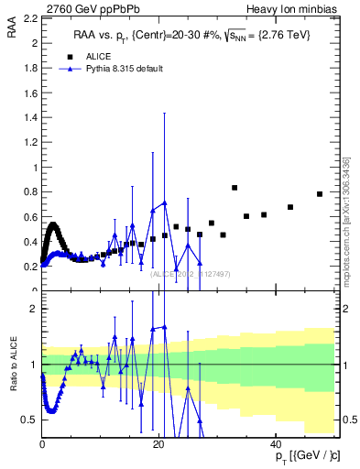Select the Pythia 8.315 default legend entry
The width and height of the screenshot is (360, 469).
tap(124, 70)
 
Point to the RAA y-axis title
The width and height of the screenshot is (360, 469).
tap(12, 32)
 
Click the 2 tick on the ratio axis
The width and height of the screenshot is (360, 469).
tap(35, 309)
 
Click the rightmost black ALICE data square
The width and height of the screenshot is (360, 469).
tap(320, 194)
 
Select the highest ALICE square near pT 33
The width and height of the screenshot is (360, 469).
tap(235, 188)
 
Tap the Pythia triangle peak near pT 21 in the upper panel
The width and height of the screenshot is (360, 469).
tap(164, 202)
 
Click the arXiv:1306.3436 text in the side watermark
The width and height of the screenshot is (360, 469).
tap(346, 197)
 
